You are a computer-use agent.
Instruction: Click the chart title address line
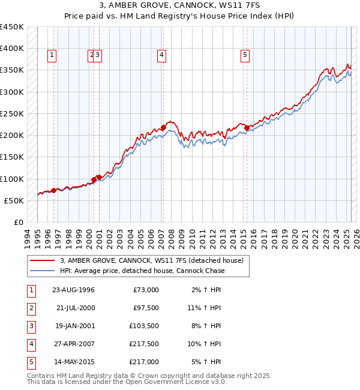pyautogui.click(x=180, y=6)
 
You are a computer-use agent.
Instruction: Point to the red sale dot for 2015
pyautogui.click(x=247, y=128)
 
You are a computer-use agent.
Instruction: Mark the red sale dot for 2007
pyautogui.click(x=163, y=128)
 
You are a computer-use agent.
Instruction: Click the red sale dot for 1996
pyautogui.click(x=53, y=190)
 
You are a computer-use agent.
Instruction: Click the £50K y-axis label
pyautogui.click(x=14, y=200)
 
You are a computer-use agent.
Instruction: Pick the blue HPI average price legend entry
pyautogui.click(x=142, y=271)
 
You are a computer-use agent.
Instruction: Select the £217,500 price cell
pyautogui.click(x=144, y=344)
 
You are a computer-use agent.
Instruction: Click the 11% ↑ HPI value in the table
pyautogui.click(x=208, y=308)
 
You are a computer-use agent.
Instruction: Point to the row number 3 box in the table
pyautogui.click(x=31, y=326)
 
